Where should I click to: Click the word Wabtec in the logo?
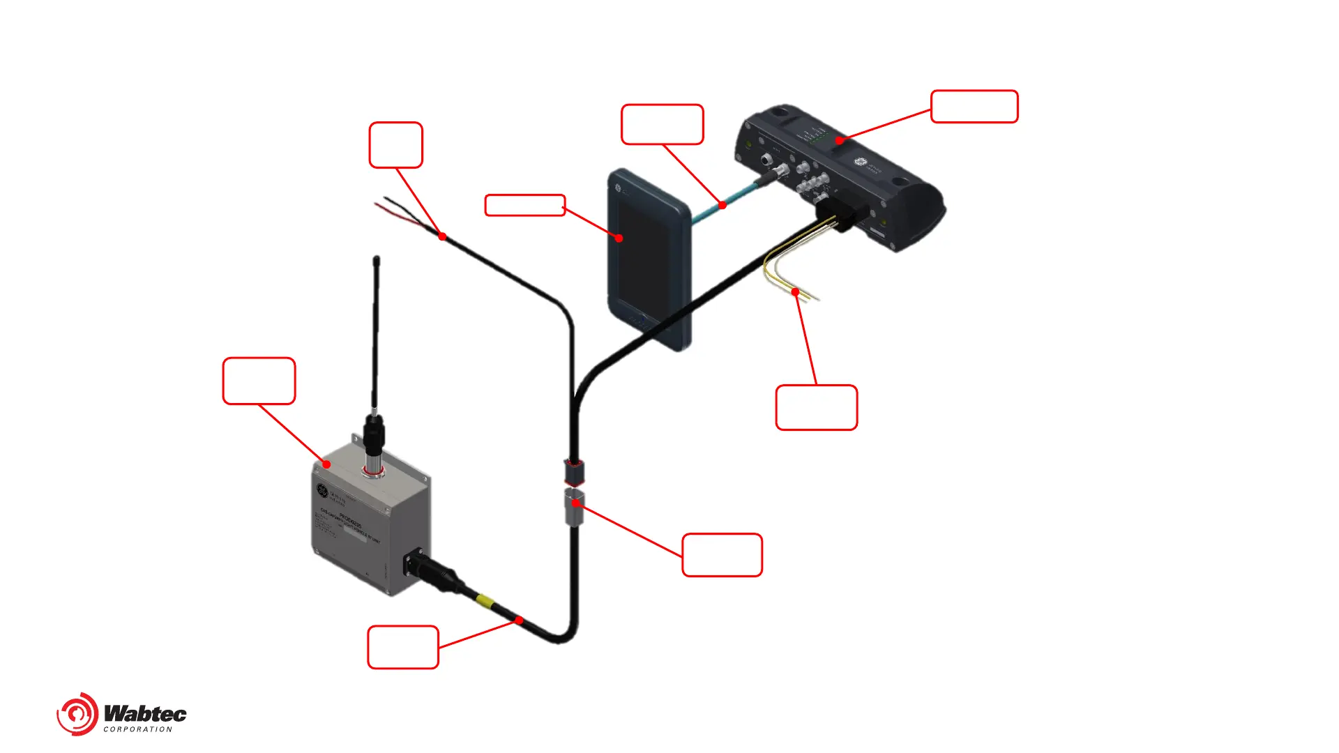click(145, 713)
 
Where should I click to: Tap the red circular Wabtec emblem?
click(77, 714)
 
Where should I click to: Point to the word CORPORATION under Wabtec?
click(137, 729)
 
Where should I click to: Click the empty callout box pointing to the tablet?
click(524, 205)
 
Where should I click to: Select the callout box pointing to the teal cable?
click(662, 125)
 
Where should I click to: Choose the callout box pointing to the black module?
click(974, 107)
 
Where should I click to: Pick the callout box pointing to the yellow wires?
click(816, 407)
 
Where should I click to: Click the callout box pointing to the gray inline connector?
click(722, 555)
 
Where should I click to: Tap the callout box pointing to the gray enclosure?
click(259, 381)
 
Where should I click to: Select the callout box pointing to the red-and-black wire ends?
click(395, 145)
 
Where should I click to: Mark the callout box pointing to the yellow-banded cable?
click(403, 647)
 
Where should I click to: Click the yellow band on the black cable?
click(485, 601)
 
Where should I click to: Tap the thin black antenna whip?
click(377, 328)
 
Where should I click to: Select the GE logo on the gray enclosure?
click(322, 490)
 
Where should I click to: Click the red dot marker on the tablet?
click(619, 238)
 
